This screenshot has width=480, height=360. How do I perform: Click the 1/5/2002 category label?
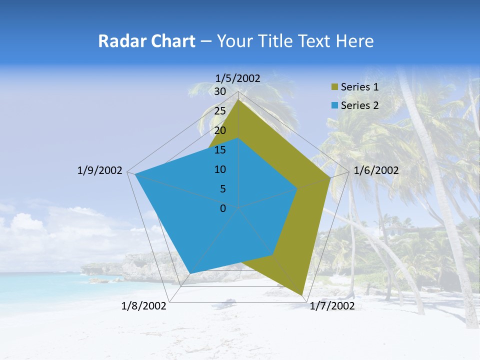(238, 78)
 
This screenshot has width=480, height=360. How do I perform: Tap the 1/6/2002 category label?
(376, 170)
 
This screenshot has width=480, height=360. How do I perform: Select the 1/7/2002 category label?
(332, 306)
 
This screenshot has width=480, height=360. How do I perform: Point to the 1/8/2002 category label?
(144, 306)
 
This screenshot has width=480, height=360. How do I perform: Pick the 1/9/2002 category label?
(99, 170)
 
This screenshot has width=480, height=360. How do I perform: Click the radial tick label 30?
(220, 91)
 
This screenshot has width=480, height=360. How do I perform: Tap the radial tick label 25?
(220, 111)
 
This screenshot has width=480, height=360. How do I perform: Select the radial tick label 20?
(220, 130)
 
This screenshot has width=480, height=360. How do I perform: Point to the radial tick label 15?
(220, 150)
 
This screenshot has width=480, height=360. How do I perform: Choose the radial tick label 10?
(220, 169)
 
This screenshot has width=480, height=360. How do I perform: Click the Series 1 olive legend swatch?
(335, 87)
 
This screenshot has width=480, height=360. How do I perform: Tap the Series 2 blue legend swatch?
(335, 105)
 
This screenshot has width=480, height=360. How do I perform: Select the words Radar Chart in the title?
(146, 41)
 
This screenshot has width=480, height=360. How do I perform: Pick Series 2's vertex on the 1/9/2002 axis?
(135, 174)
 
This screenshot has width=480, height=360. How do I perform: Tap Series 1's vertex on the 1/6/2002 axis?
(330, 177)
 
